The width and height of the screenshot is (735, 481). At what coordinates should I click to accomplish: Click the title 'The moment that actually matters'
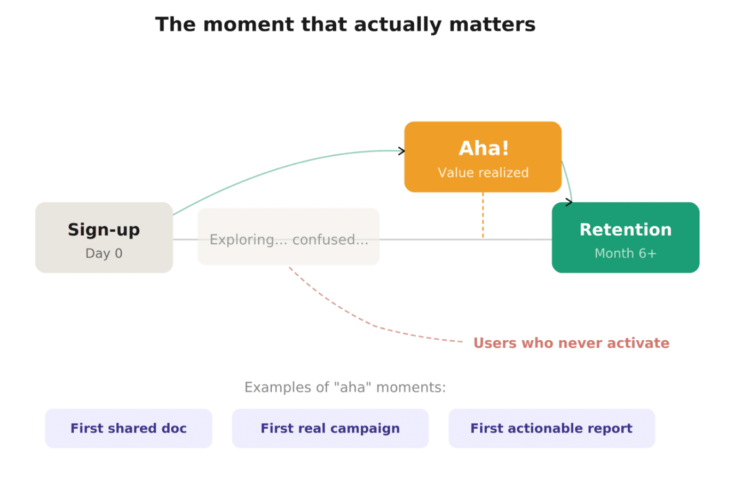pyautogui.click(x=345, y=25)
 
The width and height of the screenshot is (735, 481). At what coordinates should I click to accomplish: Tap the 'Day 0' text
pyautogui.click(x=104, y=253)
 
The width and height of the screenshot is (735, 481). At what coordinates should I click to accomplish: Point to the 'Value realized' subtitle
pyautogui.click(x=483, y=173)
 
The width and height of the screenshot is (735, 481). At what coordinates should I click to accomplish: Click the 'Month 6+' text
pyautogui.click(x=625, y=253)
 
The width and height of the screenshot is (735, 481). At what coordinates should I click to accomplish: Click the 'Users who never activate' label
pyautogui.click(x=571, y=343)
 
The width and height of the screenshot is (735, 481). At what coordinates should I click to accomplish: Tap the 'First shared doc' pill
pyautogui.click(x=128, y=428)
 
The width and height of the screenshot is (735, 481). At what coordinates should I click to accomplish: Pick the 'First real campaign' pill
pyautogui.click(x=330, y=428)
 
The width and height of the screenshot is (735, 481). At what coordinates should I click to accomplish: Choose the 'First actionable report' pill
pyautogui.click(x=551, y=428)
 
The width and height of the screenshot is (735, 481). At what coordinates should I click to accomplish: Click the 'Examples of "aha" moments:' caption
pyautogui.click(x=345, y=387)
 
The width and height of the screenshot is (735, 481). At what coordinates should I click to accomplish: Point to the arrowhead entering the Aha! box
pyautogui.click(x=402, y=151)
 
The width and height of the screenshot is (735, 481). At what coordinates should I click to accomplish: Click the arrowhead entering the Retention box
pyautogui.click(x=570, y=202)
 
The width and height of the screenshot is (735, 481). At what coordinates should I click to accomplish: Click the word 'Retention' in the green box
pyautogui.click(x=625, y=230)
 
